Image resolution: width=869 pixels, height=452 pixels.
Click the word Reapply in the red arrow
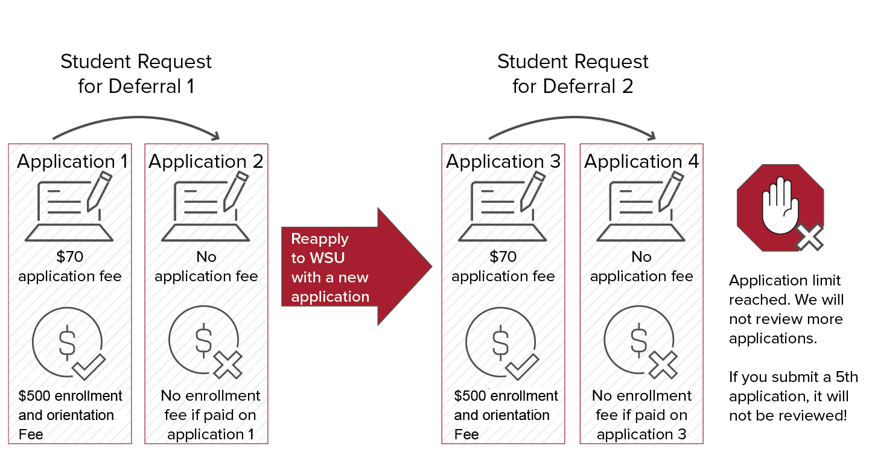[x=320, y=239]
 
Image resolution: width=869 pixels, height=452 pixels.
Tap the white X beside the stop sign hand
[x=809, y=237]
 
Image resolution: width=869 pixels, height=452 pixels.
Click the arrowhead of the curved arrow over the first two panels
[x=217, y=136]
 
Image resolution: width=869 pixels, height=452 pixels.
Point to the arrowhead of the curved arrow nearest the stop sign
[x=652, y=136]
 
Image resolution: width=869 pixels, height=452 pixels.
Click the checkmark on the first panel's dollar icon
[x=89, y=366]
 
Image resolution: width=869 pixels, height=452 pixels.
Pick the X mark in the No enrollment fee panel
[x=229, y=364]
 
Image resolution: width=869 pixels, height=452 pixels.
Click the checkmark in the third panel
[x=523, y=366]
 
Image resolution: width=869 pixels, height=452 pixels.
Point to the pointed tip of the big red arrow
[x=431, y=266]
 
